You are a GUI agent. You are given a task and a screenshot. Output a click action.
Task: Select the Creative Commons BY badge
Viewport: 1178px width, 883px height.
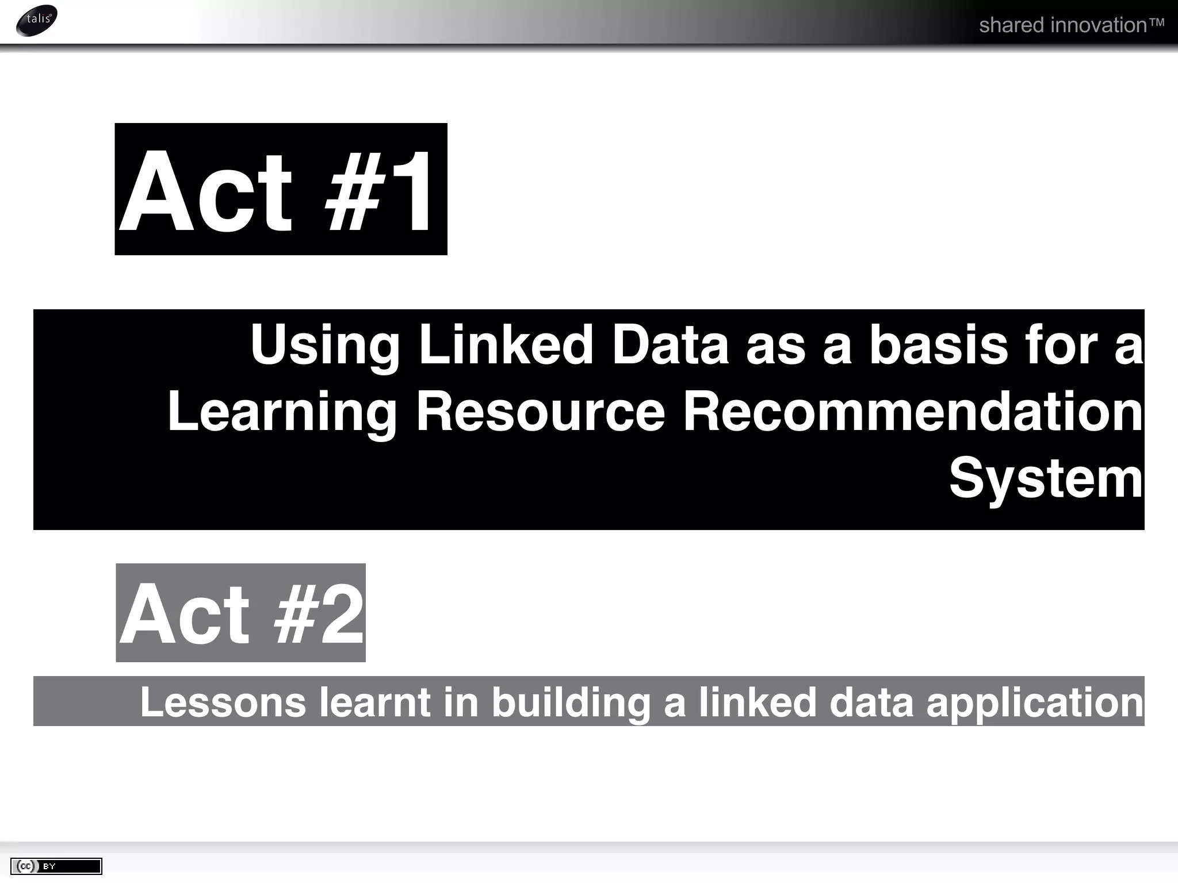point(56,866)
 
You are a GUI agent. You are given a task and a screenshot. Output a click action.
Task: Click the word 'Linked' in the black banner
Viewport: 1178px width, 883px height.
point(506,345)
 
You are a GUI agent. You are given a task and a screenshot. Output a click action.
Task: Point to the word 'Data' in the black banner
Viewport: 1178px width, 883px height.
point(670,345)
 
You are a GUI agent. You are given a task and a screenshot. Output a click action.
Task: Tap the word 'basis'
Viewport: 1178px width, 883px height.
point(938,345)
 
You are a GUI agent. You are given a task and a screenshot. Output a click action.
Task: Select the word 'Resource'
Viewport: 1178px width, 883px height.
point(540,412)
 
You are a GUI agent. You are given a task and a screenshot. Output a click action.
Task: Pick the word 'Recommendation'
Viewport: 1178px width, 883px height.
point(913,412)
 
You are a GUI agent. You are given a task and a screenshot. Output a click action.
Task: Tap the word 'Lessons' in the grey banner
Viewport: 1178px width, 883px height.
point(223,702)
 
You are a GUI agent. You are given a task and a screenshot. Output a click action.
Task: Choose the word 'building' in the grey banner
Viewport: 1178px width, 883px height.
point(570,703)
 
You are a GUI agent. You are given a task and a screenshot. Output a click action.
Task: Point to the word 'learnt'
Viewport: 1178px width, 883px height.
point(374,702)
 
